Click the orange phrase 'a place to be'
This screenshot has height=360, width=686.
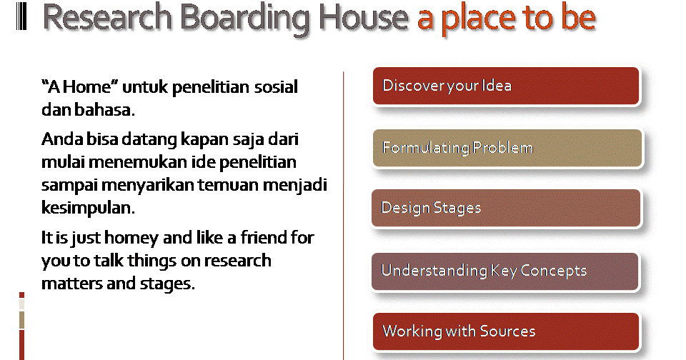click(x=506, y=19)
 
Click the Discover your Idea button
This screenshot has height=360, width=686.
click(x=506, y=86)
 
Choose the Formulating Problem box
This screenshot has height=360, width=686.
click(x=507, y=148)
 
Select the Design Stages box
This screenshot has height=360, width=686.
click(x=506, y=208)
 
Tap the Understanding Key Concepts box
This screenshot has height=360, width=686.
click(x=505, y=271)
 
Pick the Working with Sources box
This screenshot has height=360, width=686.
click(x=506, y=331)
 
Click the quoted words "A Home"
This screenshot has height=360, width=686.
click(x=79, y=86)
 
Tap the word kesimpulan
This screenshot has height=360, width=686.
click(x=88, y=208)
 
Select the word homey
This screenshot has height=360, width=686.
click(x=131, y=239)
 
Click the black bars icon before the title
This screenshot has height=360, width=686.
click(x=21, y=16)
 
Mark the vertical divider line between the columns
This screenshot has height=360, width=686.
click(x=344, y=216)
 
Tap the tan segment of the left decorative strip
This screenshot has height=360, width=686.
click(x=22, y=320)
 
